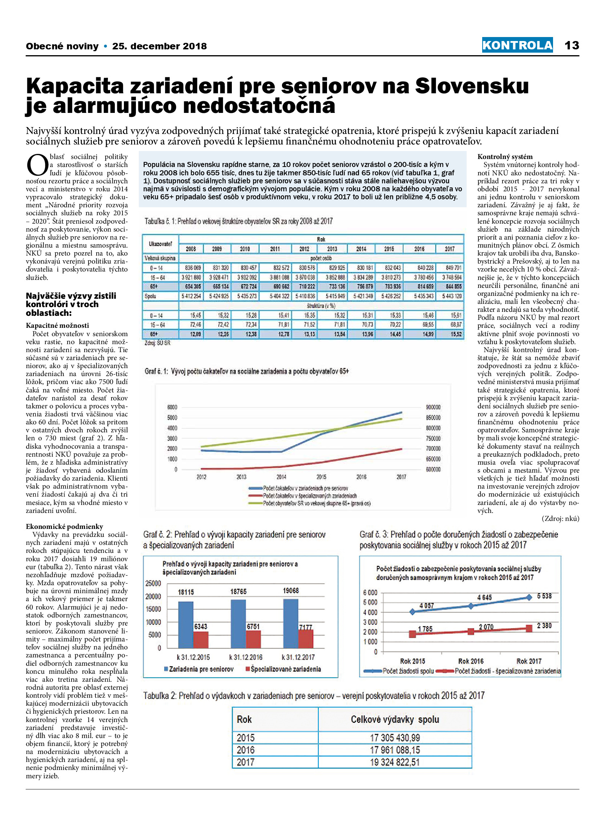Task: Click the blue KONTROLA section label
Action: (x=517, y=45)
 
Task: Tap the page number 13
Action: (x=572, y=45)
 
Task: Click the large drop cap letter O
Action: (x=37, y=165)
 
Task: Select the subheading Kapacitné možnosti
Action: (x=57, y=326)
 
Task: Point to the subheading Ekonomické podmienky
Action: (x=65, y=526)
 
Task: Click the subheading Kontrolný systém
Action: (x=505, y=157)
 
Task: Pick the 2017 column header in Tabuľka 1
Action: (x=449, y=249)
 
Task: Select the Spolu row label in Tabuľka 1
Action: (x=150, y=296)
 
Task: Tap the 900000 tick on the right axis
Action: (x=433, y=407)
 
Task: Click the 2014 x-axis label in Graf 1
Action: (x=281, y=477)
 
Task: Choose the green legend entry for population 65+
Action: (x=310, y=503)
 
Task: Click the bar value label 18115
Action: (x=186, y=592)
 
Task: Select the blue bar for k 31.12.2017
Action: (x=290, y=624)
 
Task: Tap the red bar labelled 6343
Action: (x=201, y=640)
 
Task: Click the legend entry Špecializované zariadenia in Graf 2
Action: (x=283, y=669)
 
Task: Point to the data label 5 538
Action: (x=544, y=596)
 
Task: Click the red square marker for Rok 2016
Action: (x=471, y=631)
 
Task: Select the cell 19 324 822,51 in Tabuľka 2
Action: (x=395, y=762)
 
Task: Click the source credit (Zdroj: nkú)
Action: (x=560, y=519)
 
